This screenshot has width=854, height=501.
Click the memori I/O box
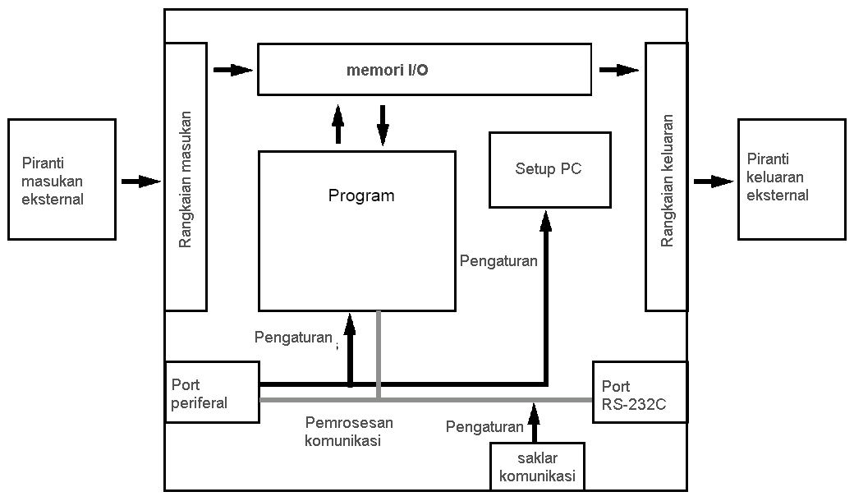[x=424, y=70]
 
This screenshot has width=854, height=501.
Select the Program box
[x=357, y=231]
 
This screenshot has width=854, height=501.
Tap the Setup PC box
[x=549, y=168]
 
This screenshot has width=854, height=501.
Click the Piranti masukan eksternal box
[x=62, y=179]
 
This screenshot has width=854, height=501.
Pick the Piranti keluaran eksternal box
[x=791, y=179]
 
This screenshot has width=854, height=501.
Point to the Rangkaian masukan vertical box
[x=186, y=177]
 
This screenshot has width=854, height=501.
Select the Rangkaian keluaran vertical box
[x=666, y=177]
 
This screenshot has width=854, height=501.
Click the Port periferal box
[x=213, y=393]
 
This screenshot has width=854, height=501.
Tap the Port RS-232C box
[x=639, y=393]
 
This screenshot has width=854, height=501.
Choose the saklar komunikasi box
[x=537, y=467]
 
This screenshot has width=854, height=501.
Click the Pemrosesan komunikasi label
[x=349, y=431]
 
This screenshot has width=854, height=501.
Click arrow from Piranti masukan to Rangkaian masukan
[x=140, y=181]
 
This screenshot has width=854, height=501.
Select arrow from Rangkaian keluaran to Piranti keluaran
[x=713, y=181]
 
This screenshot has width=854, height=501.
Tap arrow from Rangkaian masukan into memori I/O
[x=232, y=70]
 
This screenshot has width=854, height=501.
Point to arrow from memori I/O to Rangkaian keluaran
[x=618, y=70]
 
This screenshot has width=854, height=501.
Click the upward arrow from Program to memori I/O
[x=337, y=125]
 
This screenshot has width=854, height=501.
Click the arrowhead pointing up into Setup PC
[x=544, y=218]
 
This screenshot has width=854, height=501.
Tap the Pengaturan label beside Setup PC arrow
[x=498, y=261]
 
